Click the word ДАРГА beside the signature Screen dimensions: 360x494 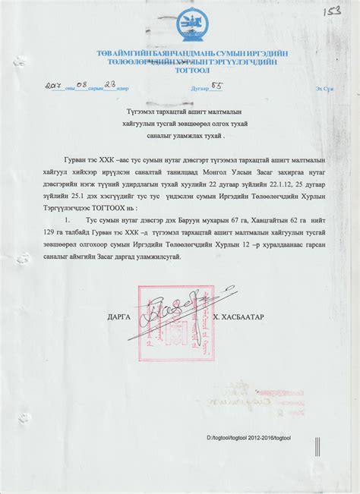[x=120, y=315]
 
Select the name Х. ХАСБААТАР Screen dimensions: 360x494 [x=238, y=315]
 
